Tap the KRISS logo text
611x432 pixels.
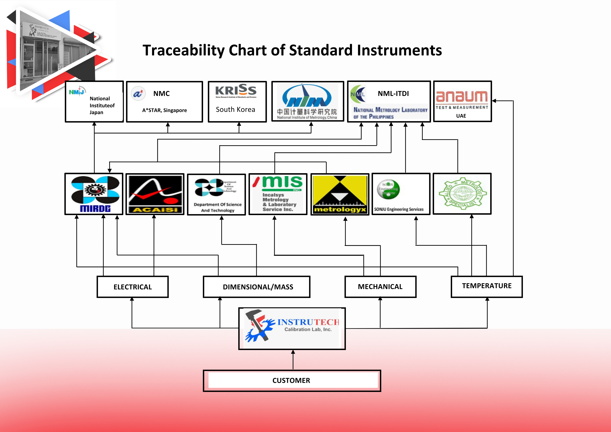(236, 90)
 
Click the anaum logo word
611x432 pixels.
(462, 96)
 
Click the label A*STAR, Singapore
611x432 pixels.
(164, 110)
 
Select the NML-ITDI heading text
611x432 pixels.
(393, 93)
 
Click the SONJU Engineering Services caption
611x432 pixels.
(399, 209)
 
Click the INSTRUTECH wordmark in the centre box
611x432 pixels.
(308, 322)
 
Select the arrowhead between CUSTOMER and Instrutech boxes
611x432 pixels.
(293, 352)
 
